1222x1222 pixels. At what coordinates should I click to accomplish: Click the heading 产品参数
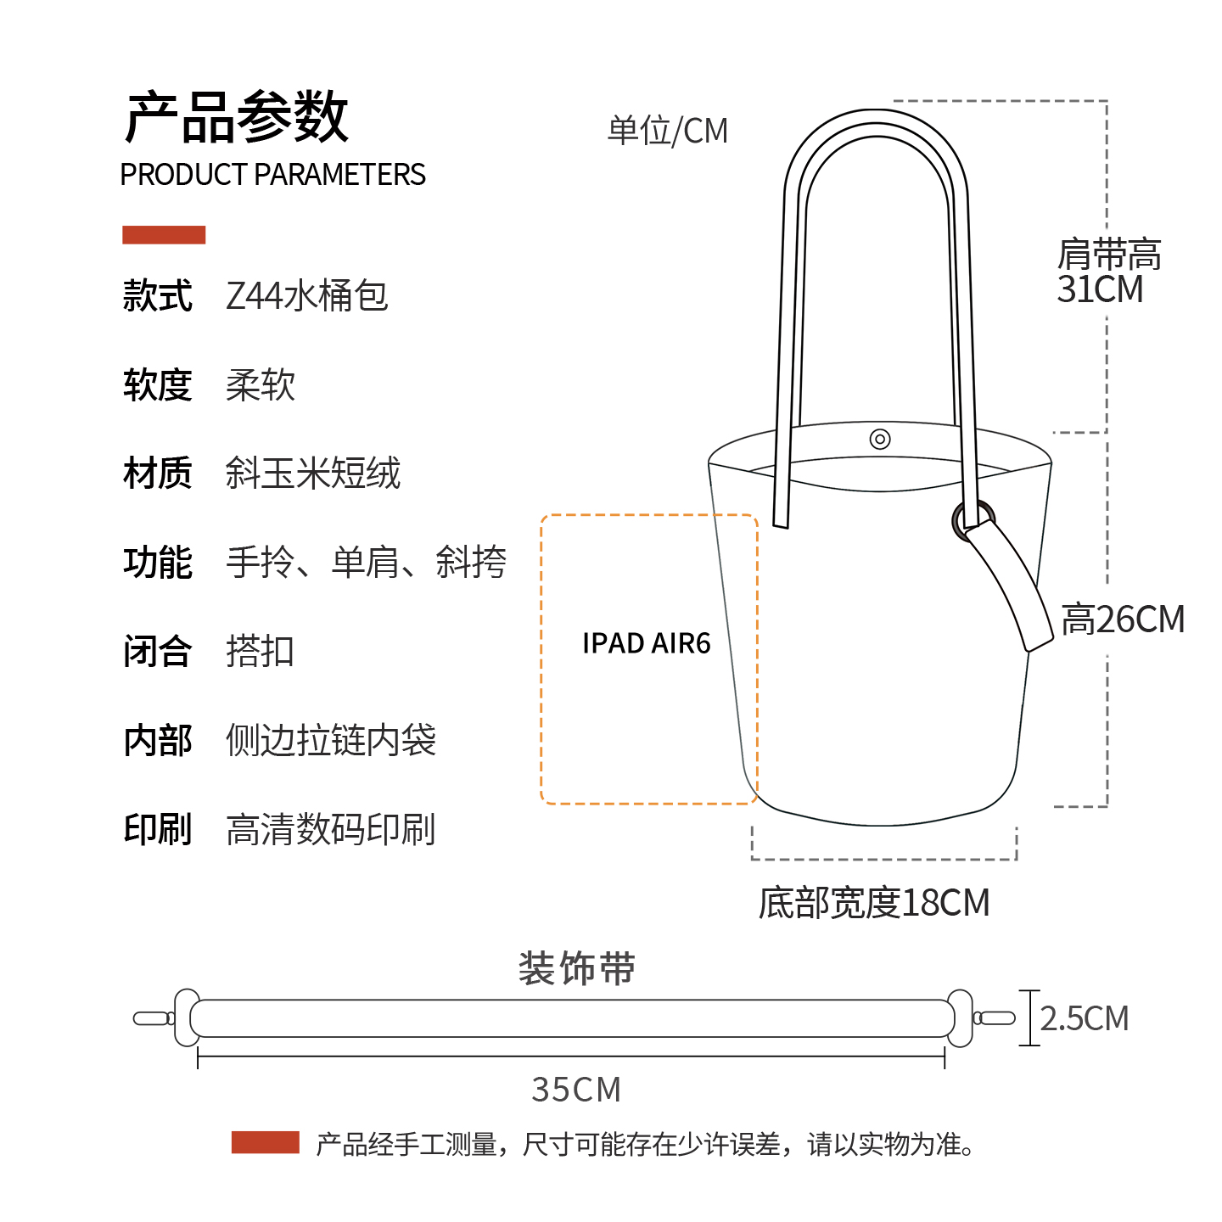tap(237, 117)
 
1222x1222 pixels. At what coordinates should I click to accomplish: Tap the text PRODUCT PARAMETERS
tap(272, 175)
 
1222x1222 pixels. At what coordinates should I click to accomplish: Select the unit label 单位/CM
tap(668, 131)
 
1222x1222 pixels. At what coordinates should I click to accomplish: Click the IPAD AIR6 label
tap(646, 643)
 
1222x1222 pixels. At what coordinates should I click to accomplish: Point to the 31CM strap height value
tap(1100, 289)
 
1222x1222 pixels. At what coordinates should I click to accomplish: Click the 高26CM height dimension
tap(1123, 619)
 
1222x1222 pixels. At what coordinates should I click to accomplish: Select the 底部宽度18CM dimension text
tap(874, 903)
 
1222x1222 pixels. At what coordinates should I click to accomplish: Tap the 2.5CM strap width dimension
tap(1085, 1018)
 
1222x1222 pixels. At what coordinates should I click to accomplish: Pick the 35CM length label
tap(576, 1090)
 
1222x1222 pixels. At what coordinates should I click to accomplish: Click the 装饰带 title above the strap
tap(577, 968)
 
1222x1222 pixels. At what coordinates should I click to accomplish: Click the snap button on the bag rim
tap(880, 439)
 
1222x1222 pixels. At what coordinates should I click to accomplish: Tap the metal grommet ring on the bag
tap(972, 518)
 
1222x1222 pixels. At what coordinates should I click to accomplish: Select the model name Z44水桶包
tap(306, 296)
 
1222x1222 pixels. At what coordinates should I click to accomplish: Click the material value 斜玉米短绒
tap(312, 474)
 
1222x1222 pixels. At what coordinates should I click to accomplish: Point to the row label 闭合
tap(158, 652)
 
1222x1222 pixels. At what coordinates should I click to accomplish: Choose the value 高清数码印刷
tap(330, 829)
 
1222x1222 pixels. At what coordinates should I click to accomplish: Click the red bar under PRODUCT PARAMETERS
tap(164, 235)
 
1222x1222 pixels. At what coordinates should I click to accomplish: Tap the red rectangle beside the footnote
tap(265, 1142)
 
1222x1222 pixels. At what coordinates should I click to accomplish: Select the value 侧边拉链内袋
tap(330, 740)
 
